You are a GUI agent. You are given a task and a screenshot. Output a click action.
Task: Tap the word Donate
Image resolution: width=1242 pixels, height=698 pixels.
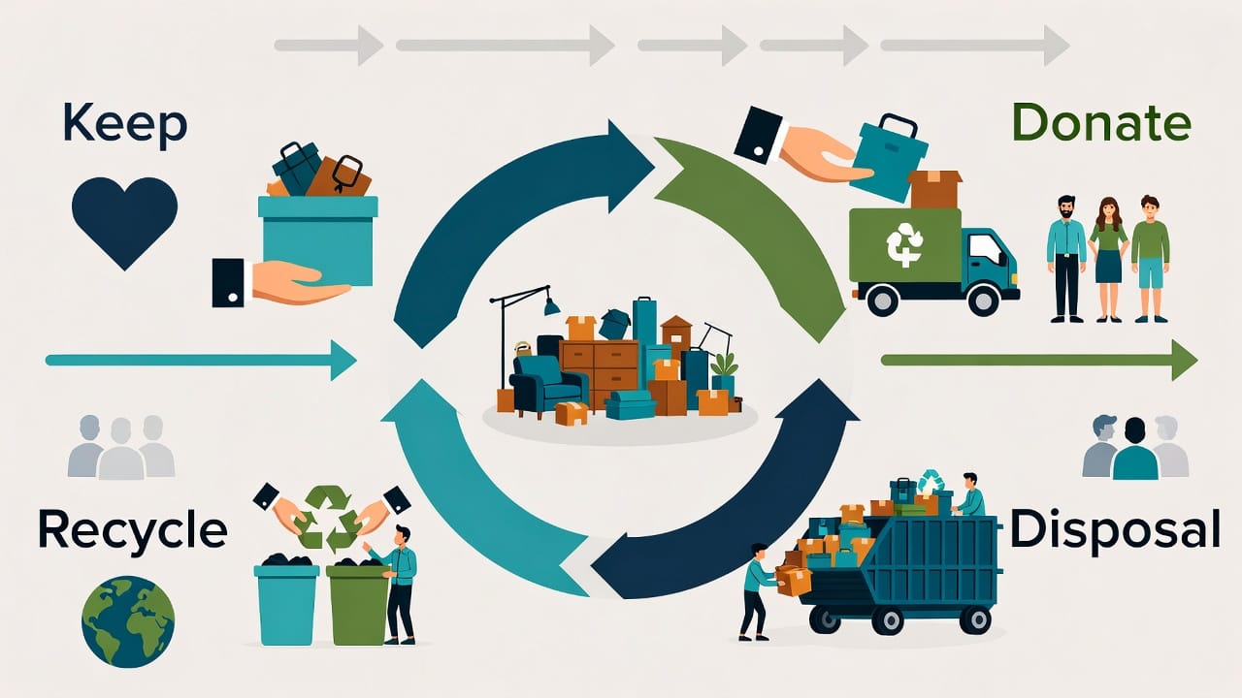pyautogui.click(x=1101, y=124)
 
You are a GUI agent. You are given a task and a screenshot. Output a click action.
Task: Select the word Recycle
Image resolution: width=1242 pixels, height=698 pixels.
pyautogui.click(x=132, y=530)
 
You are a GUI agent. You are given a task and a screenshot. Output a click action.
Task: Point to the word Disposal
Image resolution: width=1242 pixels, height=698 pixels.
pyautogui.click(x=1115, y=530)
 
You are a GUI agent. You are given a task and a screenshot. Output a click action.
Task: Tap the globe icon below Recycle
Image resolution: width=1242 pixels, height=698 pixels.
pyautogui.click(x=128, y=621)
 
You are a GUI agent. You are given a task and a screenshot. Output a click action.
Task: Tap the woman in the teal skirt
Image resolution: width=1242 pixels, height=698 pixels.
pyautogui.click(x=1108, y=259)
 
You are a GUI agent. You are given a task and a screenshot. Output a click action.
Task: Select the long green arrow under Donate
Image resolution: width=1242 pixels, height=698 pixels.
pyautogui.click(x=1038, y=360)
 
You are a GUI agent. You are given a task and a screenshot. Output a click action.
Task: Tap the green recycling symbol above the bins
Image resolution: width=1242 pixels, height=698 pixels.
pyautogui.click(x=329, y=518)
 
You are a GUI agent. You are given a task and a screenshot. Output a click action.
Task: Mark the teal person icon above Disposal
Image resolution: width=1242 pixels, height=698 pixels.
pyautogui.click(x=1134, y=451)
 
